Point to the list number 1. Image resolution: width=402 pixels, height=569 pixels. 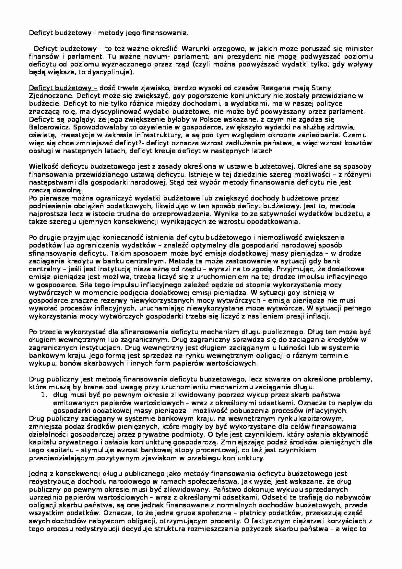[x=47, y=395]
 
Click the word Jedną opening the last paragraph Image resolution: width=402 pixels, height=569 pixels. [x=39, y=474]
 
